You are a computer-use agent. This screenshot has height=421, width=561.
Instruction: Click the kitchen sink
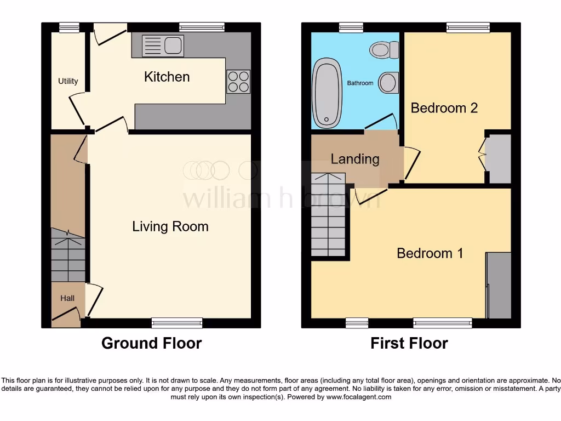click(163, 45)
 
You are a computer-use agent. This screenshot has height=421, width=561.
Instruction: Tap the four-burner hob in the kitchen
click(238, 82)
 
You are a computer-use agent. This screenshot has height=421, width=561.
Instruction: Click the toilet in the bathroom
click(385, 50)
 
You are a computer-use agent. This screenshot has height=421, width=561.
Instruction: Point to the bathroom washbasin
click(388, 83)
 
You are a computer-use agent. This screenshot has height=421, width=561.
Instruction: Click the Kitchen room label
click(167, 77)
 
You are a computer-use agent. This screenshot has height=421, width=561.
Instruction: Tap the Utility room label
click(68, 81)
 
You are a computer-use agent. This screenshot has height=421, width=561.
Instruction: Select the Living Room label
click(170, 226)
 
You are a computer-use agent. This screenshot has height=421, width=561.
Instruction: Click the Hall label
click(67, 298)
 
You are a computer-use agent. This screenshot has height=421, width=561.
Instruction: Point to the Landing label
click(355, 159)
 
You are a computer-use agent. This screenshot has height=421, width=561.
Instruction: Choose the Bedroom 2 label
click(444, 107)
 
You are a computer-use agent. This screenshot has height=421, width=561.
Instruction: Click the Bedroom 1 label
click(430, 253)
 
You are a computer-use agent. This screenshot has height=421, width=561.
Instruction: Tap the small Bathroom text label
click(360, 83)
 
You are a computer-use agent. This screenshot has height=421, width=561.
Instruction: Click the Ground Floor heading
click(151, 344)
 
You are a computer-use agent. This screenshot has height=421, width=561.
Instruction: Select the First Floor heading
click(409, 344)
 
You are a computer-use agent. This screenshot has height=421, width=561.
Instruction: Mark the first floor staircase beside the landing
click(329, 214)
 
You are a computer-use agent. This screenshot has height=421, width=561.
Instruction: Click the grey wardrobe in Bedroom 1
click(499, 285)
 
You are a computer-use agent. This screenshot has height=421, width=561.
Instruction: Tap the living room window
click(177, 323)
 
